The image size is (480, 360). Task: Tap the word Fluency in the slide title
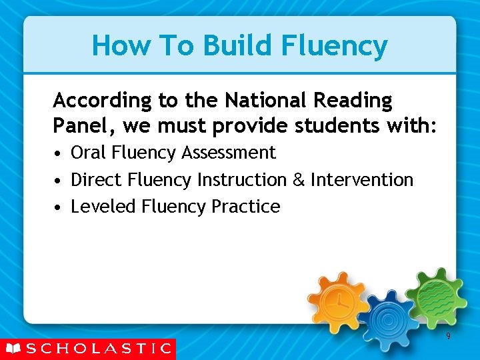coord(335,47)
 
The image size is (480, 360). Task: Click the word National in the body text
coord(263,101)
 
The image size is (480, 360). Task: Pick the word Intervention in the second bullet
coord(362,180)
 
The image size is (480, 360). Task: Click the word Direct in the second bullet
coord(97,180)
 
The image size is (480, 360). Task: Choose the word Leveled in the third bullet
coord(103,207)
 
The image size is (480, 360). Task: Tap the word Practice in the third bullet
coord(245,207)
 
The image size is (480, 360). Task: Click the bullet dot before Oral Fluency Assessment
coord(59,154)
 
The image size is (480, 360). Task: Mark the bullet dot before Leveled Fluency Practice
coord(59,208)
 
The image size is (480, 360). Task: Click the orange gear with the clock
coord(339,301)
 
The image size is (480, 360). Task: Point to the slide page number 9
coord(448,336)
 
